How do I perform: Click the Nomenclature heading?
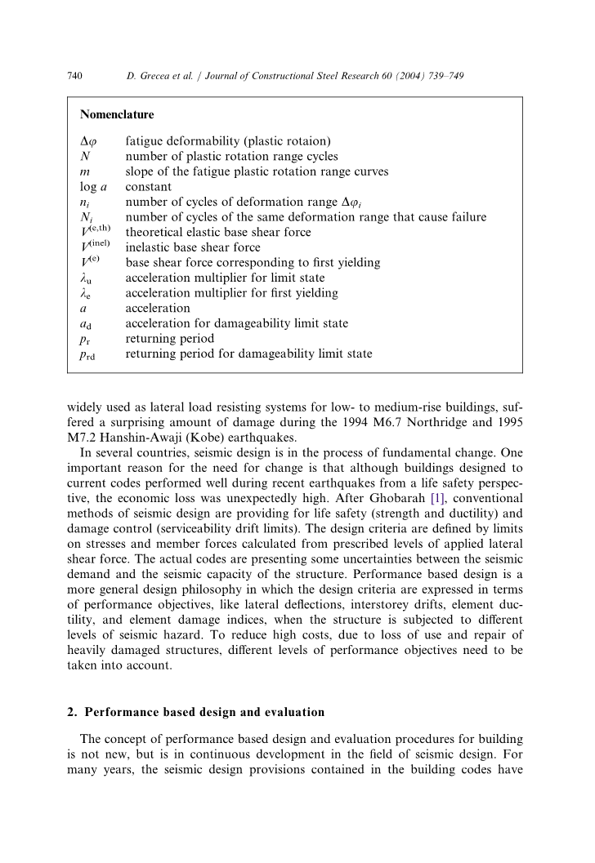click(x=117, y=115)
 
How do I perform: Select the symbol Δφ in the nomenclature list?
click(x=89, y=141)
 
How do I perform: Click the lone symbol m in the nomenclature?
click(x=85, y=171)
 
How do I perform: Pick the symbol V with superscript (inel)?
click(x=95, y=247)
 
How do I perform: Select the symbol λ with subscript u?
click(x=87, y=278)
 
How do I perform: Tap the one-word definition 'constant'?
click(x=148, y=187)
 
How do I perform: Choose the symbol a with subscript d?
click(x=87, y=324)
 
